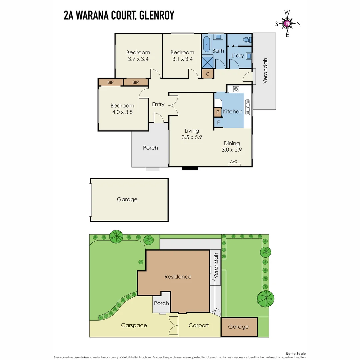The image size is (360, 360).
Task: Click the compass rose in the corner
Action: click(287, 23)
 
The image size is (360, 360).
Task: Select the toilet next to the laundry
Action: click(247, 40)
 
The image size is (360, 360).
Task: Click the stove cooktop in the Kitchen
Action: click(236, 89)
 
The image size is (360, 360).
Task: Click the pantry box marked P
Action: click(218, 112)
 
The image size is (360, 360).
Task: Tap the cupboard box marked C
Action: click(207, 74)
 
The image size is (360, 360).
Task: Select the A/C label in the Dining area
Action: click(234, 162)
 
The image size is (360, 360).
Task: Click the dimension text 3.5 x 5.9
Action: click(192, 137)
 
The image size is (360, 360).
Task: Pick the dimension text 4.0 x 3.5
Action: click(122, 112)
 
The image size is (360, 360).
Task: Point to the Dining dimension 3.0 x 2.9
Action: click(232, 150)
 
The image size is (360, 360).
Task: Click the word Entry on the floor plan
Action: click(158, 104)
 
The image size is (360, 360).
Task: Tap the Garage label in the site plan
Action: click(238, 327)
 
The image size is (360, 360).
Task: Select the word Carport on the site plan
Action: click(199, 325)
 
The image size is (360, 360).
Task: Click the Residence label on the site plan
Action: click(178, 277)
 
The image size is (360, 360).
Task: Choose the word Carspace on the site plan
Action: click(134, 325)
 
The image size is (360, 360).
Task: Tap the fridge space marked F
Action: click(218, 122)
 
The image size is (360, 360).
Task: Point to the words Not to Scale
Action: click(296, 354)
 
